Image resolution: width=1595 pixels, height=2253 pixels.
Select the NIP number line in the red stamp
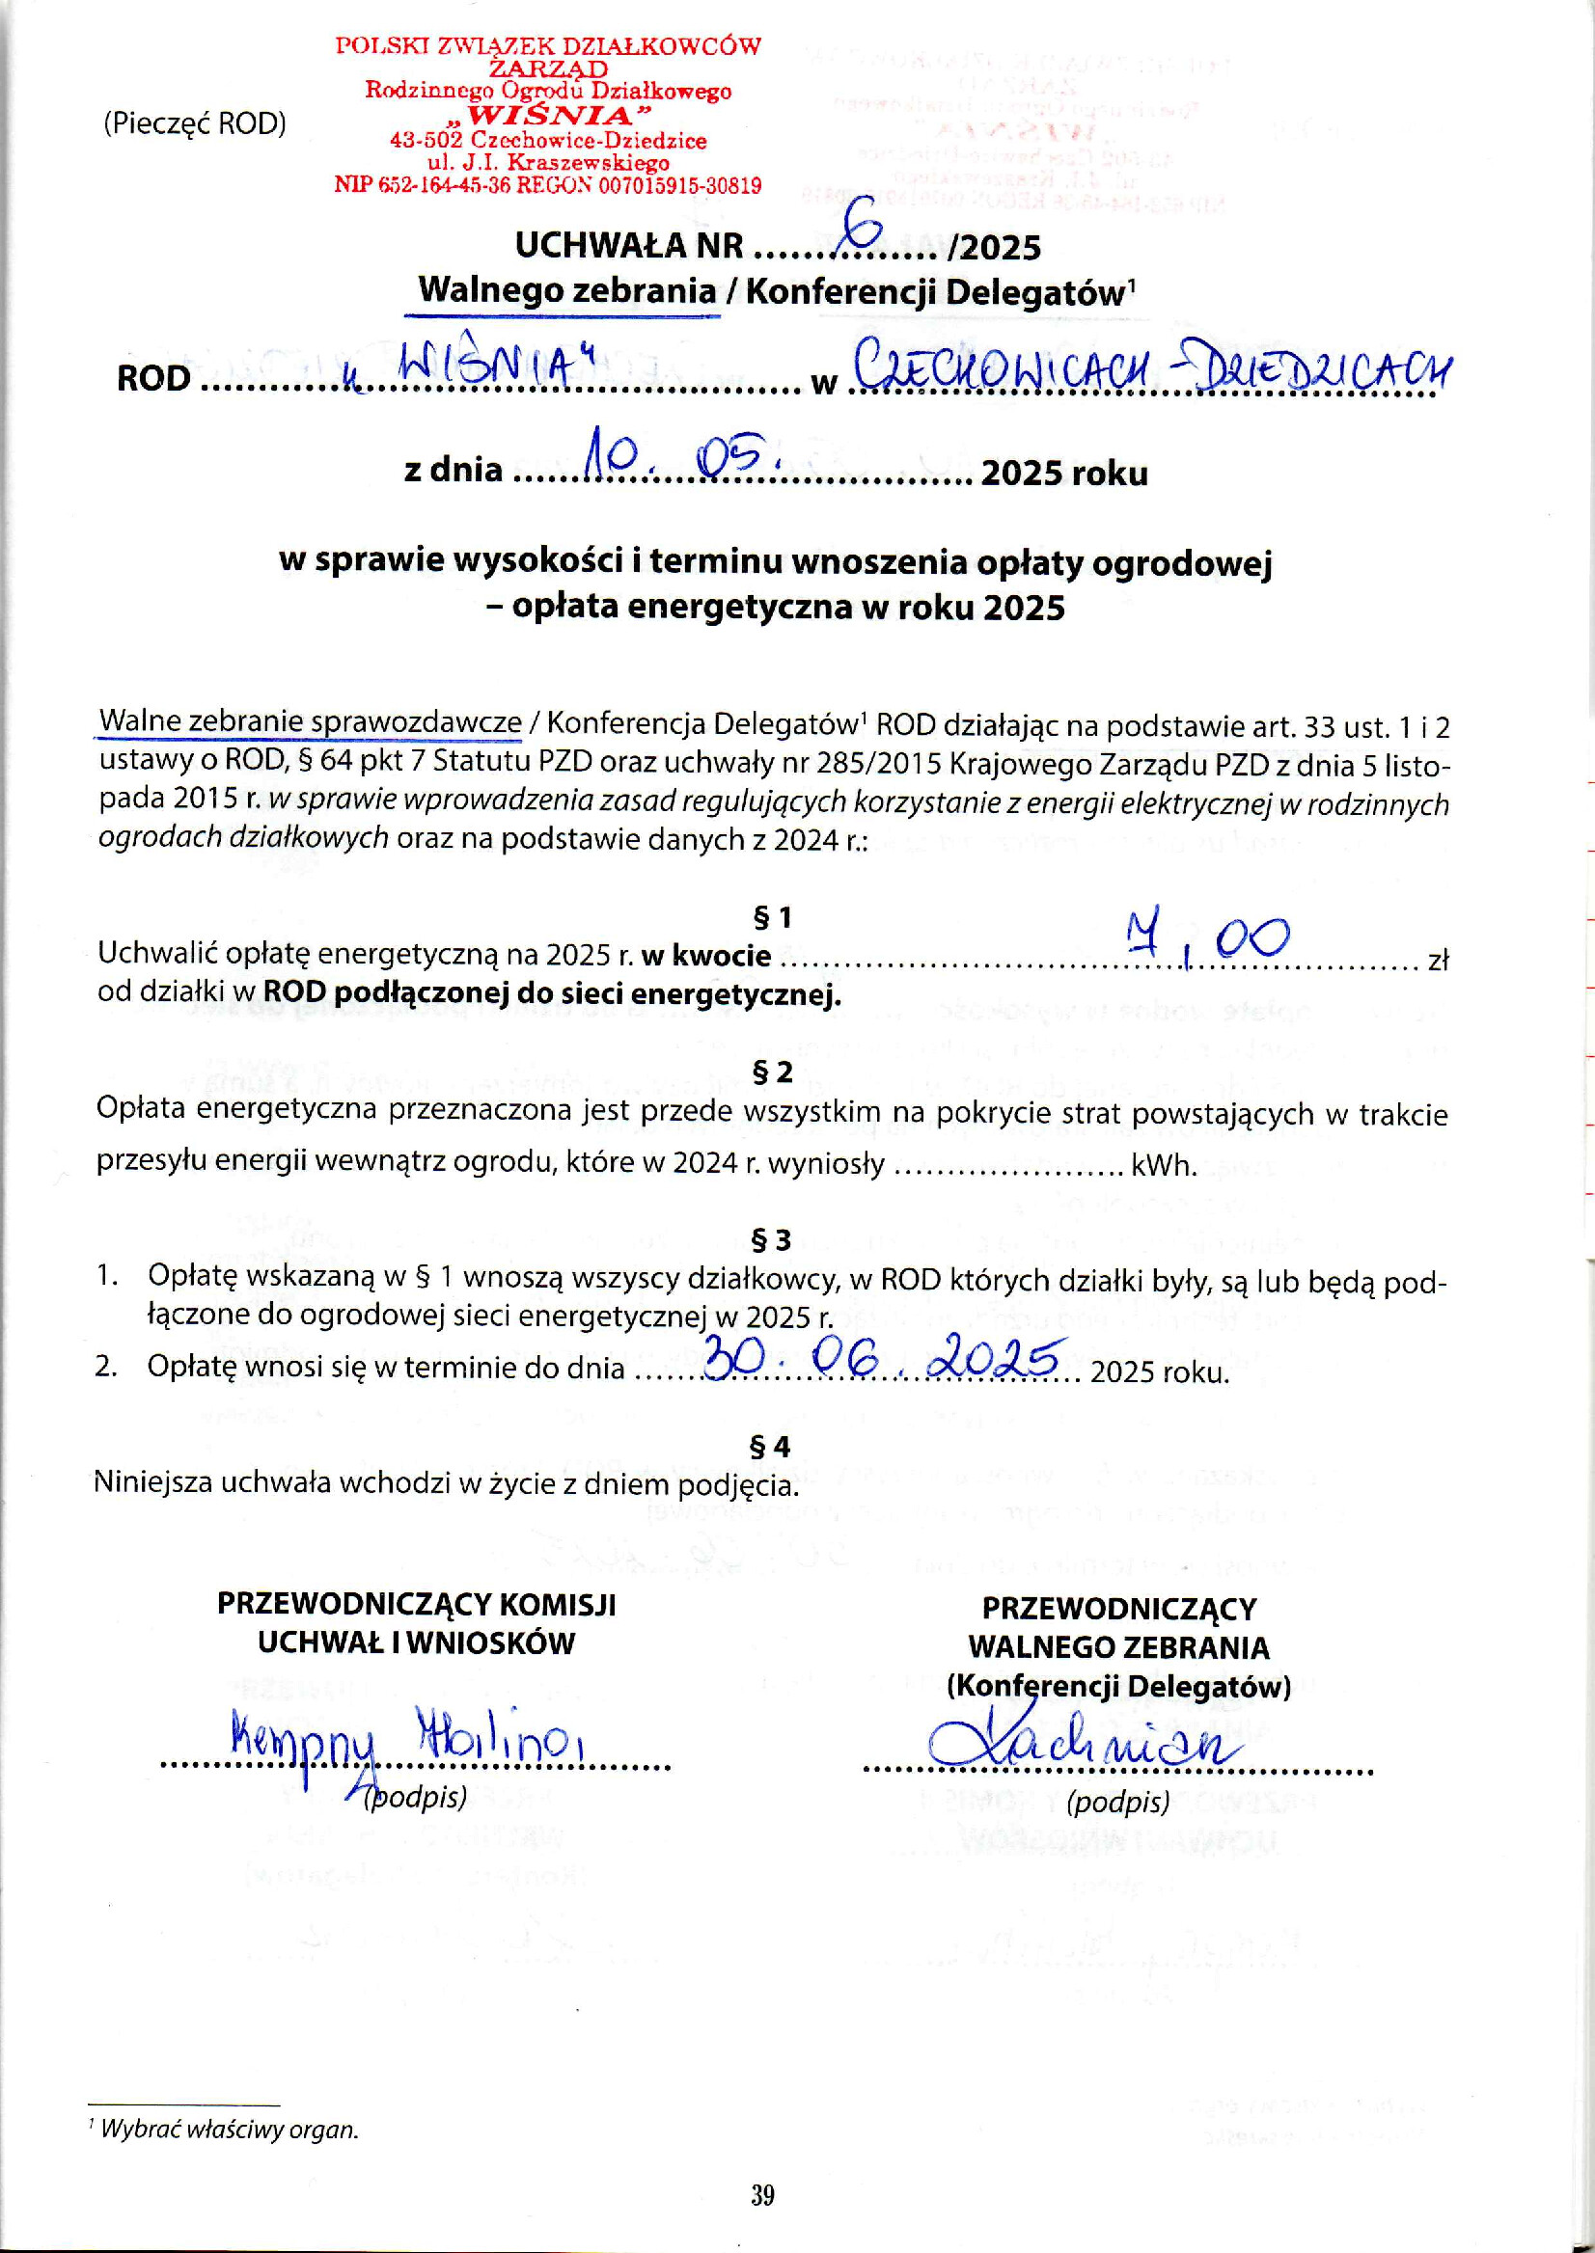point(548,185)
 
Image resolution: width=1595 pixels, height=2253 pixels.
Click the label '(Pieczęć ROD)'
point(195,124)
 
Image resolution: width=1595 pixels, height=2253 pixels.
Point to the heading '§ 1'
point(771,918)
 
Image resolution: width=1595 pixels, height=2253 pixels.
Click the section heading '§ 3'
point(771,1241)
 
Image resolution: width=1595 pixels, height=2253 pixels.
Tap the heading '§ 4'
point(771,1447)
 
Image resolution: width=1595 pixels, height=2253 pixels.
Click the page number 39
point(763,2196)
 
